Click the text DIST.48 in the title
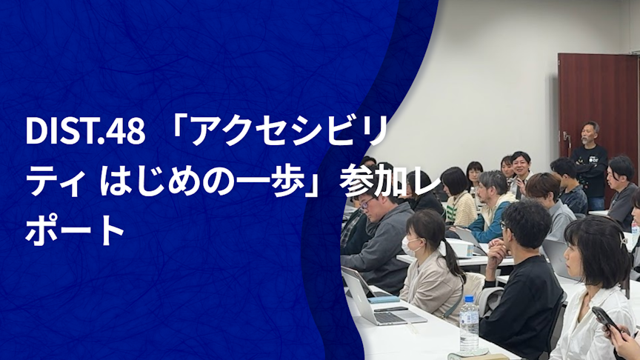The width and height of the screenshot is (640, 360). pyautogui.click(x=85, y=131)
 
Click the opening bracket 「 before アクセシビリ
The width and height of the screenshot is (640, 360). pyautogui.click(x=179, y=129)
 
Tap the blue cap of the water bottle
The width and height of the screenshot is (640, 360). pyautogui.click(x=470, y=299)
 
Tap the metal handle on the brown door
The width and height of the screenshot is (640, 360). pyautogui.click(x=567, y=137)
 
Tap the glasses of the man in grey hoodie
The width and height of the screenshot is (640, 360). pyautogui.click(x=367, y=203)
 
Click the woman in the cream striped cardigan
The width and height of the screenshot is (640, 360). pyautogui.click(x=459, y=196)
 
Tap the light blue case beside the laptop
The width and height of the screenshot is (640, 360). pyautogui.click(x=384, y=299)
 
